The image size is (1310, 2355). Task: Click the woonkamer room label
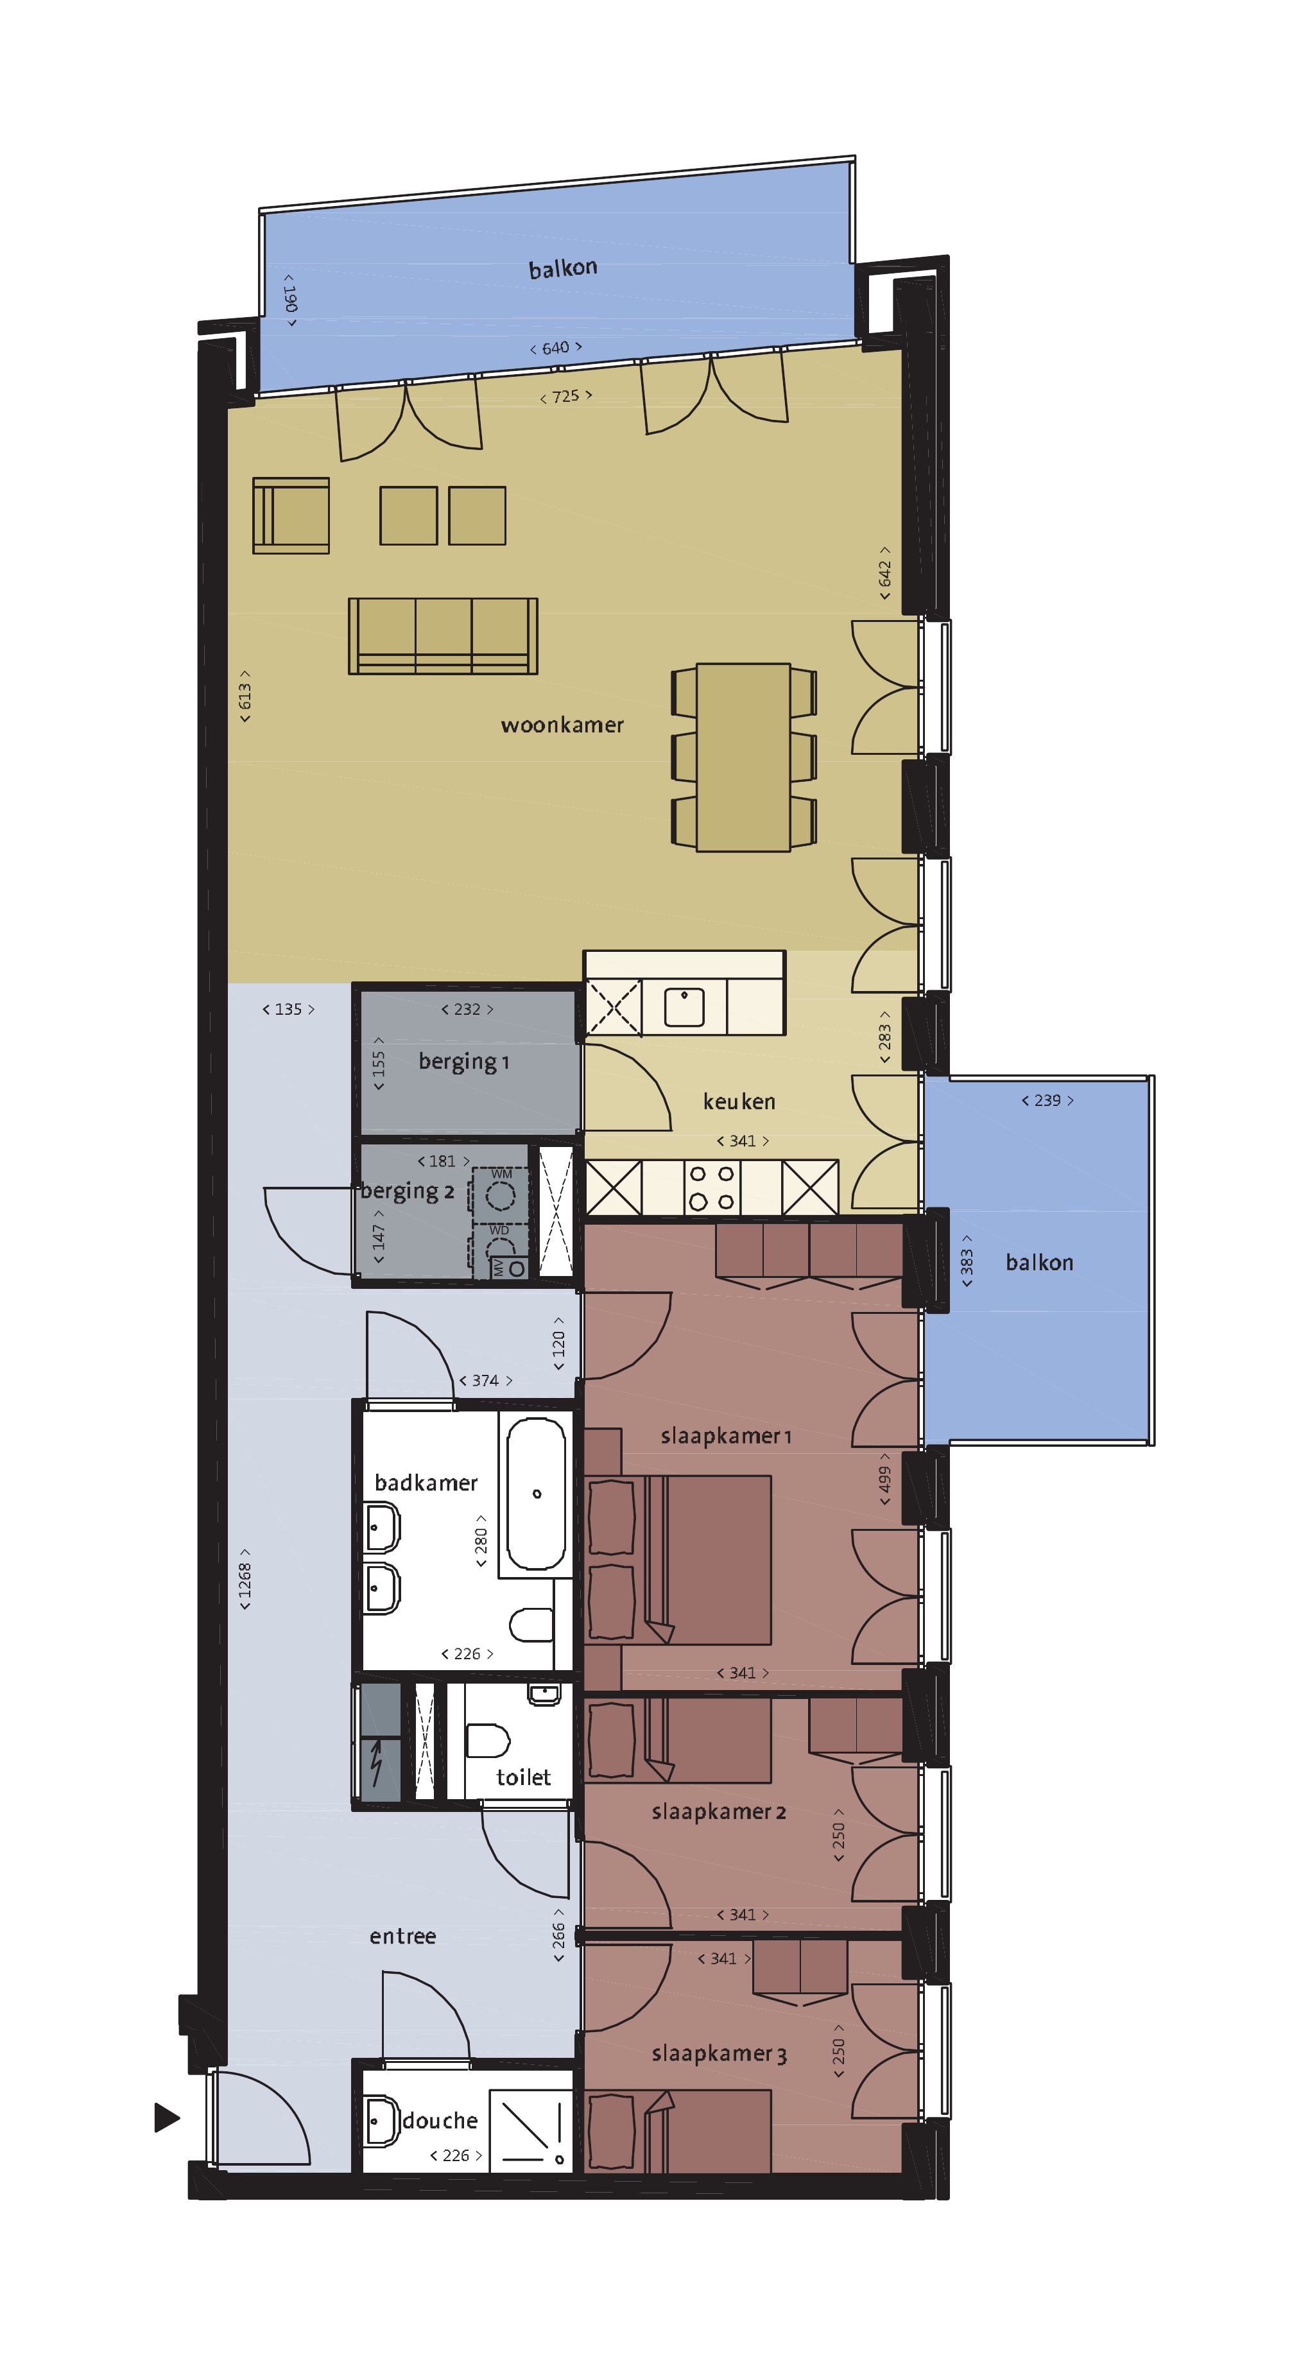point(562,725)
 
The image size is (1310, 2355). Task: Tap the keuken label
point(739,1101)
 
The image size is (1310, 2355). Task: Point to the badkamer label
point(426,1483)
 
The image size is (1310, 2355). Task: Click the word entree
point(402,1937)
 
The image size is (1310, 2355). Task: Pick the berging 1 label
point(463,1062)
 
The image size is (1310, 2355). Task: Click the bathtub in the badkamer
point(536,1494)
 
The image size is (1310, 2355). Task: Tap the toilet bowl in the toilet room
point(487,1741)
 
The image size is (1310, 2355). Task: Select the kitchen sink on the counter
point(684,1006)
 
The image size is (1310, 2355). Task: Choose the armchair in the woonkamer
point(291,515)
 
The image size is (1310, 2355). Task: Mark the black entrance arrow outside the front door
point(166,2118)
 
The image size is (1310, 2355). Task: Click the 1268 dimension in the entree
point(244,1579)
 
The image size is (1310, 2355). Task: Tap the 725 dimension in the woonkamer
point(566,397)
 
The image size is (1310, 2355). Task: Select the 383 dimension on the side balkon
point(966,1262)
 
